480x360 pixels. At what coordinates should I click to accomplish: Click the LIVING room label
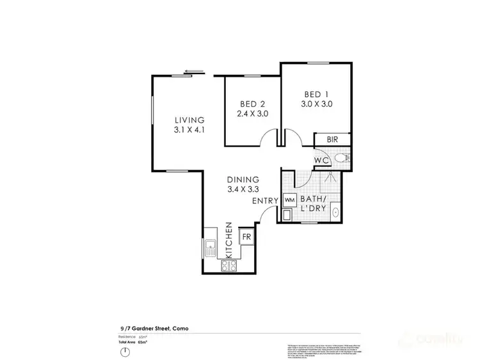[x=190, y=120]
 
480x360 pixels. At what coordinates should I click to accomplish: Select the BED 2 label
[x=253, y=104]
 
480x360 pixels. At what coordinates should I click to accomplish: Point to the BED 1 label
[x=317, y=94]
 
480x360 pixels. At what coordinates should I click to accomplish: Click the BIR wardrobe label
[x=332, y=139]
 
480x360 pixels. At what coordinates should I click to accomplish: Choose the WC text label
[x=322, y=159]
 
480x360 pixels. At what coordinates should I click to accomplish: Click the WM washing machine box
[x=289, y=200]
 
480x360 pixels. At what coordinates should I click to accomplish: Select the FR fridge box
[x=246, y=237]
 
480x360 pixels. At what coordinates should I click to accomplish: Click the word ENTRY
[x=264, y=201]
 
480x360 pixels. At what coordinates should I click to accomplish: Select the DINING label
[x=243, y=180]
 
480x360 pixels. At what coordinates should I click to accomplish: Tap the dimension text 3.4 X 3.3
[x=243, y=190]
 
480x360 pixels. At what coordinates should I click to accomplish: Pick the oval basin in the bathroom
[x=335, y=213]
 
